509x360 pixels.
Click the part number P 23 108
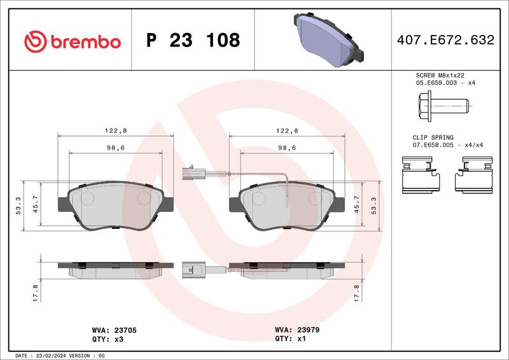pos(193,40)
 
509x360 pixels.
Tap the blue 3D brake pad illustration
pos(328,39)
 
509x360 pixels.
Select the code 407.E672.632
pos(445,40)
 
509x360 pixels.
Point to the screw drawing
pos(443,106)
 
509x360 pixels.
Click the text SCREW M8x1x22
pos(440,75)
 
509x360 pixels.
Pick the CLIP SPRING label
pos(433,137)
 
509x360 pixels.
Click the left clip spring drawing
pos(421,175)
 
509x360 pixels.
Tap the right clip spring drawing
pos(473,175)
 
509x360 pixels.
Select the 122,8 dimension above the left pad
pos(116,130)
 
